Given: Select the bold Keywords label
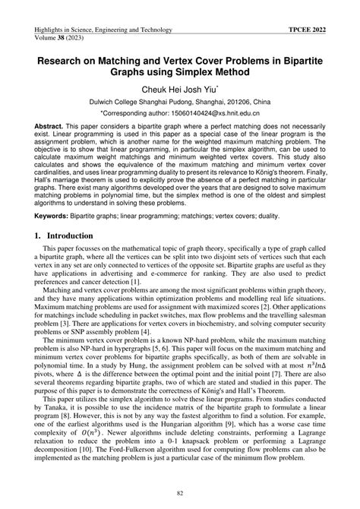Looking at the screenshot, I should coord(44,216).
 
